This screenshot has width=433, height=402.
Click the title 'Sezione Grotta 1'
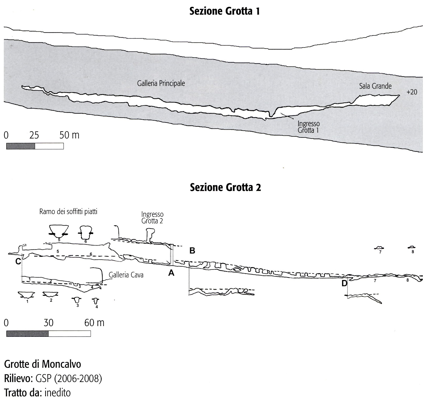(x=225, y=12)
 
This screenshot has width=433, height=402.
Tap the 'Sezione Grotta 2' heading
(x=225, y=187)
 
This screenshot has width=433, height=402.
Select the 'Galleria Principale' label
(x=161, y=83)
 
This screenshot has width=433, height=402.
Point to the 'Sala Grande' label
(x=375, y=86)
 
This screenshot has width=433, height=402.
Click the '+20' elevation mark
(x=411, y=92)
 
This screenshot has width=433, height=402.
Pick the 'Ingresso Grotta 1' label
(x=309, y=127)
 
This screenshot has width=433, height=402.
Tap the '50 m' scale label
(x=69, y=135)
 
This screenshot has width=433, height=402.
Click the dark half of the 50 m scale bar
(x=20, y=146)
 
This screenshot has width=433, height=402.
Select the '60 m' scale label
(x=94, y=323)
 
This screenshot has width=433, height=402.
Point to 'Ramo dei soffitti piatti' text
(x=68, y=212)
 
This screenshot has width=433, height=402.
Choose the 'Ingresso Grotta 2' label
(x=152, y=218)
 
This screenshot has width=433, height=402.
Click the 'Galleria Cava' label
(x=126, y=275)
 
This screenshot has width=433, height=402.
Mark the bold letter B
(x=192, y=251)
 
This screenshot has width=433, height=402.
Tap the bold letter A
(x=171, y=273)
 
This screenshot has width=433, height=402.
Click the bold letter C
(x=18, y=261)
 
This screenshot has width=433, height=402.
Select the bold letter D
(x=344, y=283)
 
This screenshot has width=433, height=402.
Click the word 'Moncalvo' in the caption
(x=62, y=364)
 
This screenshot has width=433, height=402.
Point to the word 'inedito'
(x=58, y=393)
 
